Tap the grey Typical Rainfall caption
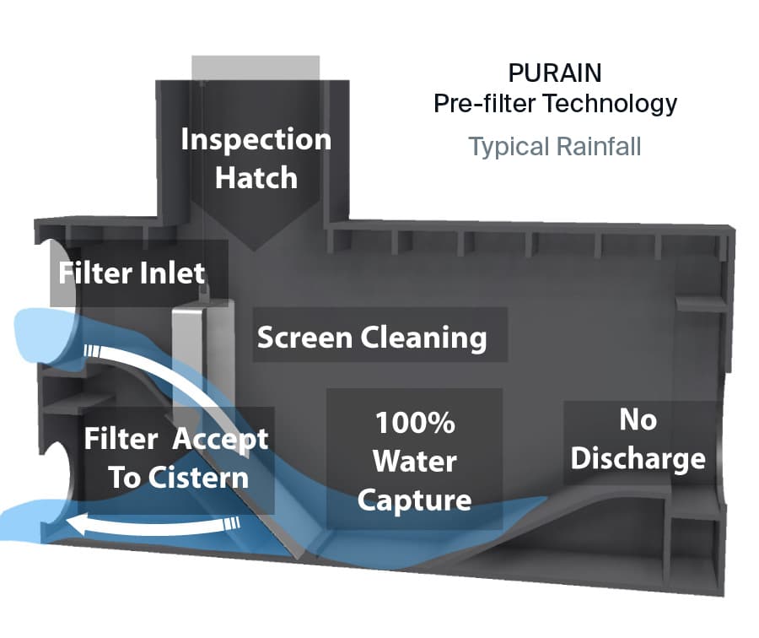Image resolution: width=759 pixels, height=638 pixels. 555,146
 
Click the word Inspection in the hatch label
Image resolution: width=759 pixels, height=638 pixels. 256,139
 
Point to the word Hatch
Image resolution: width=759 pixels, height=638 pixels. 256,178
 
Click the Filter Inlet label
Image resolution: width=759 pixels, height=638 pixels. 132,273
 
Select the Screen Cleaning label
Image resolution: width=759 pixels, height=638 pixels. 372,338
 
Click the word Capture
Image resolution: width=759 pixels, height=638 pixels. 414,500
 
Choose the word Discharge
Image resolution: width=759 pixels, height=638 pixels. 638,458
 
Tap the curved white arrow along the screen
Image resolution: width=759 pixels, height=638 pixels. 169,380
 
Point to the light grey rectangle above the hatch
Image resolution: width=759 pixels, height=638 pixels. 256,68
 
